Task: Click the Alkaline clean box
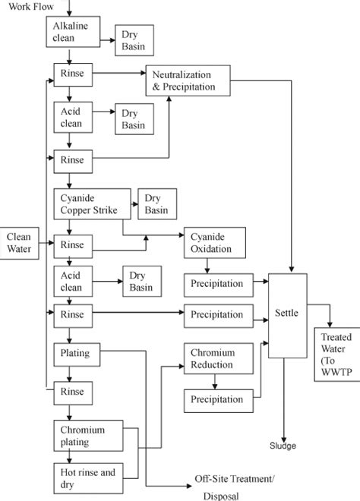click(70, 32)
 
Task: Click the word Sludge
click(283, 446)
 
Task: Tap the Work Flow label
click(27, 5)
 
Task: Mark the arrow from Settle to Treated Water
click(321, 307)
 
